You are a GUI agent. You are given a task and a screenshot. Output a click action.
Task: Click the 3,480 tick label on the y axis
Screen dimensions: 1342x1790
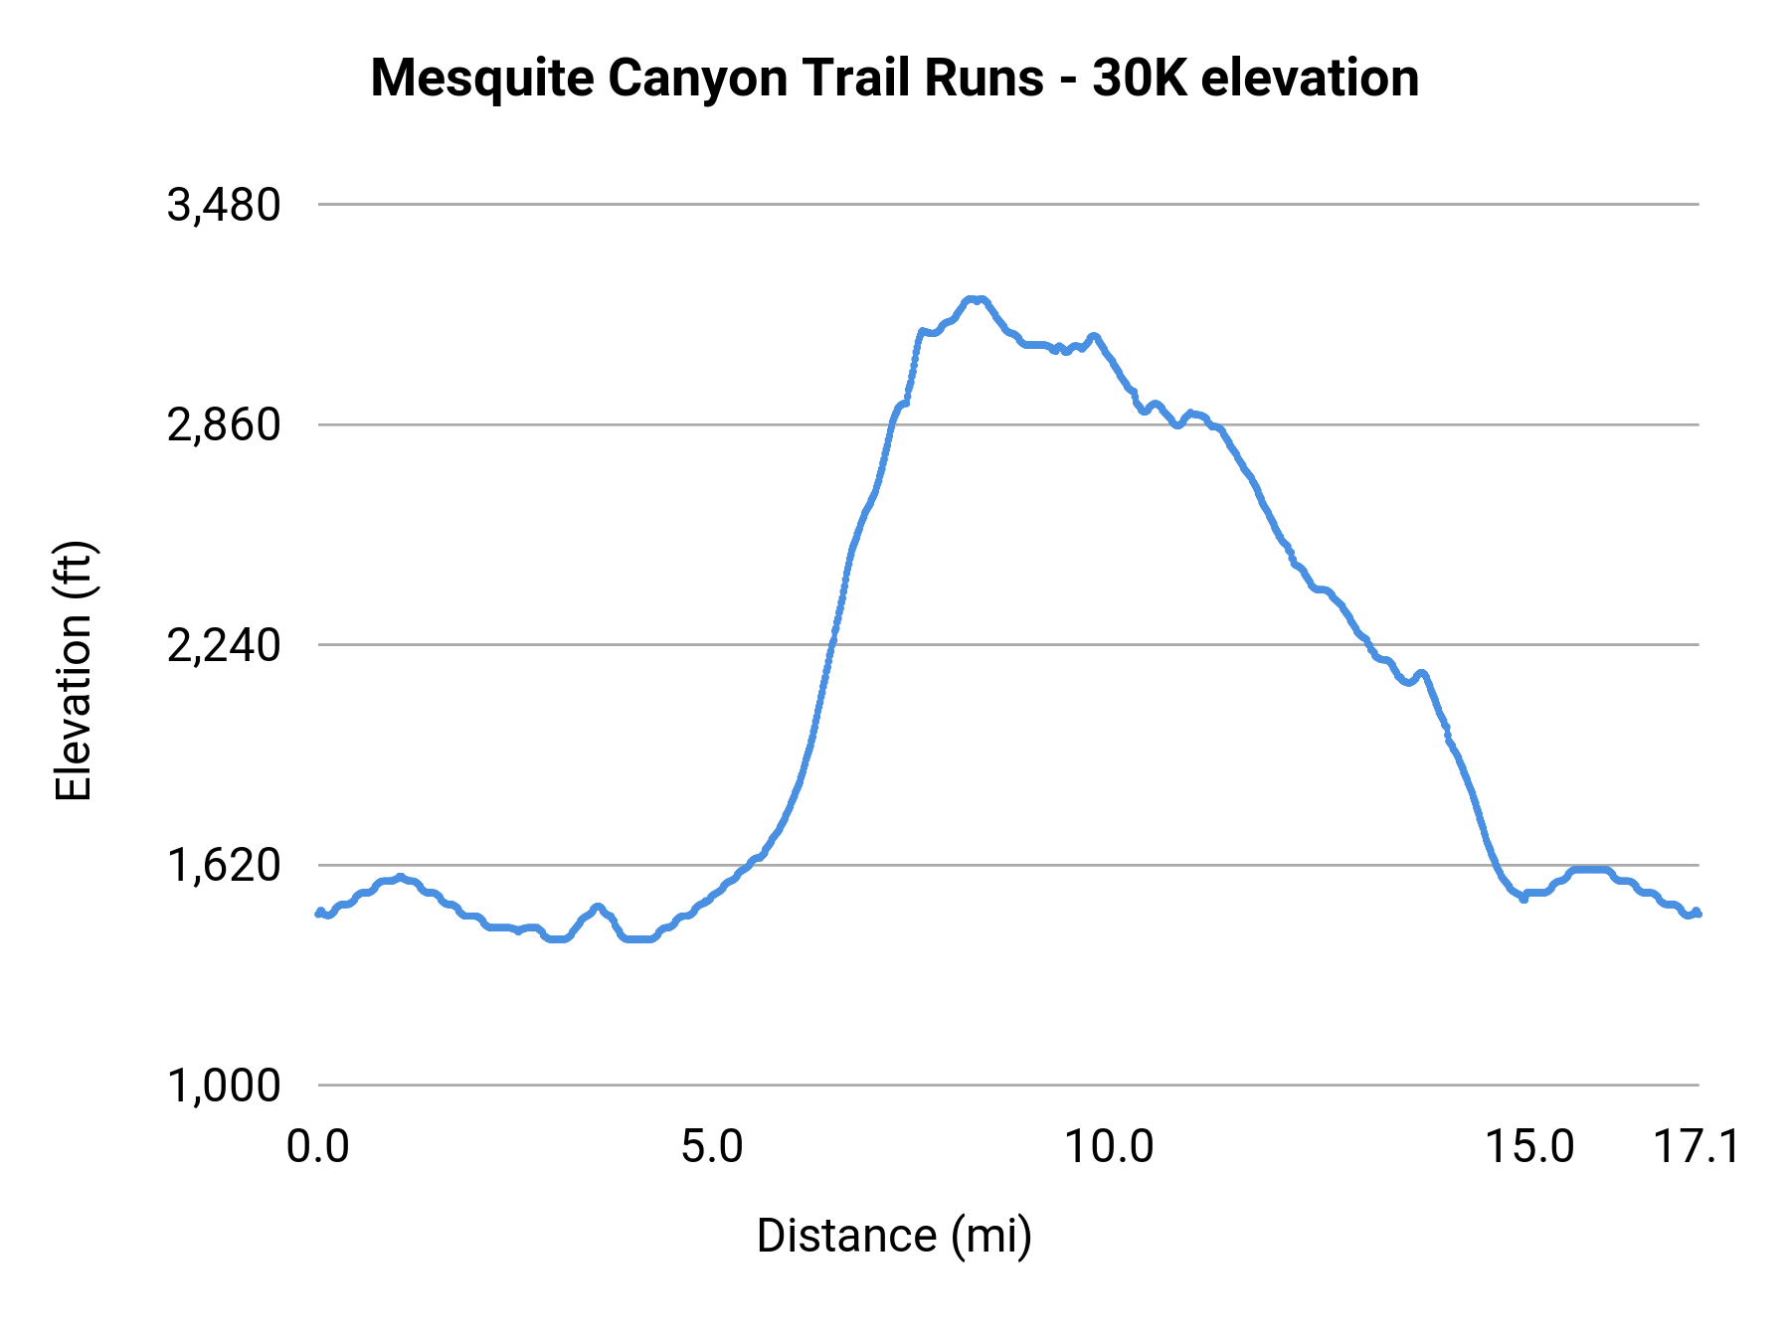224,205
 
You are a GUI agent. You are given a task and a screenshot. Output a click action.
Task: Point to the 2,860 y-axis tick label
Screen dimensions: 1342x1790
224,425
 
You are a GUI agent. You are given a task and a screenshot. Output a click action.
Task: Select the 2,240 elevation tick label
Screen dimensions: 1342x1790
224,646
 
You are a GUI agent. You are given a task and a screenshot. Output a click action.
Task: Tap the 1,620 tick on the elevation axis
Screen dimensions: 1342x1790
224,866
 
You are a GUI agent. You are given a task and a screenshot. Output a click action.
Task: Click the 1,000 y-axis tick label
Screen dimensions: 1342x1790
224,1086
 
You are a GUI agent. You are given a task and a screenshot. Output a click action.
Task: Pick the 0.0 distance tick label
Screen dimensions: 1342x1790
317,1147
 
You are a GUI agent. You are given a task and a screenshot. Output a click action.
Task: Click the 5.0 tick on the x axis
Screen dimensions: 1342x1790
712,1147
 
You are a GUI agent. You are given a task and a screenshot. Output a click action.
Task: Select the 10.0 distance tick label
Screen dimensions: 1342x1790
1108,1147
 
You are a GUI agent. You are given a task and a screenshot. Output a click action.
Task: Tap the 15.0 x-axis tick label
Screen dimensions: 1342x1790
1529,1147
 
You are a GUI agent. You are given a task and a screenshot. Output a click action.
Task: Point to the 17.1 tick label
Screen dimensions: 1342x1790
1697,1147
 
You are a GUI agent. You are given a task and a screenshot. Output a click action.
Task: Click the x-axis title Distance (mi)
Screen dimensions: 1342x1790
894,1236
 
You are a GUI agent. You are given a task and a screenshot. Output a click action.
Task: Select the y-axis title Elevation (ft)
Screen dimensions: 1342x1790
74,671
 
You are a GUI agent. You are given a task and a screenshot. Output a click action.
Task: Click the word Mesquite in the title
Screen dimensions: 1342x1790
482,78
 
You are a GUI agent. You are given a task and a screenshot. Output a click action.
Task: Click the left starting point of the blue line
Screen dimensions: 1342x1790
318,913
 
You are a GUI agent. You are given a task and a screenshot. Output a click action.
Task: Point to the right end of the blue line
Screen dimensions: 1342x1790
1699,913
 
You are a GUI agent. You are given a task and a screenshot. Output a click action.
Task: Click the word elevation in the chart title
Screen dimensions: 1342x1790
1310,78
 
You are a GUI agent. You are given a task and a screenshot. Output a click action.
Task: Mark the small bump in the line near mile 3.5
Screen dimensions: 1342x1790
597,907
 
